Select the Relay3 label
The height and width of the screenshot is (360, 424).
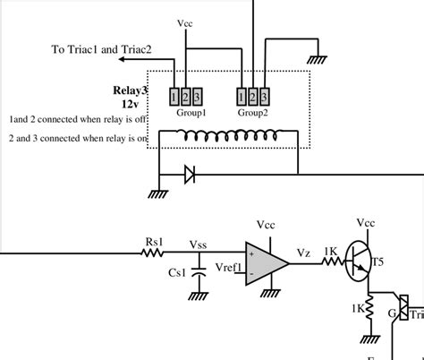coord(130,90)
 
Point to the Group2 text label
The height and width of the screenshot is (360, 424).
coord(253,114)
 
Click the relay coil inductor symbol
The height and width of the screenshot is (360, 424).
coord(228,136)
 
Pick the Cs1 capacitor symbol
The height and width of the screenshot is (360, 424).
coord(201,274)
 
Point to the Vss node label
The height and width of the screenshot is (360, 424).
coord(199,243)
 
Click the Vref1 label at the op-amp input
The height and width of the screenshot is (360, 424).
coord(228,268)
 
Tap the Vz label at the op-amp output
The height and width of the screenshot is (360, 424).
coord(303,253)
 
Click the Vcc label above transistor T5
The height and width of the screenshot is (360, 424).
coord(365,221)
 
